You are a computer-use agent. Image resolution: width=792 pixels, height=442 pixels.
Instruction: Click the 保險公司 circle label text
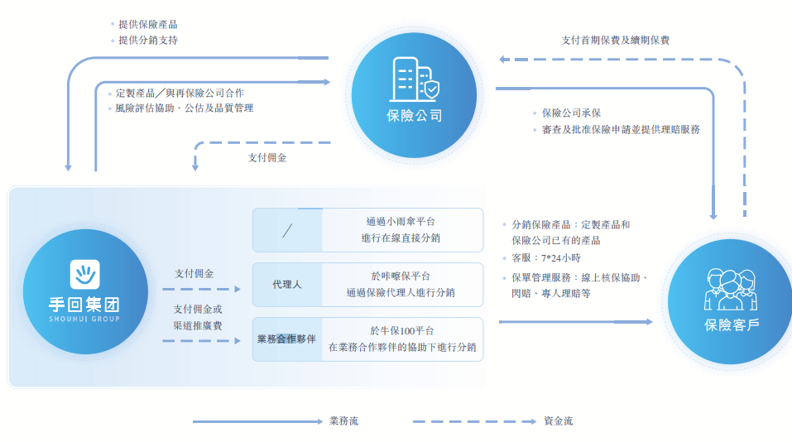coord(414,115)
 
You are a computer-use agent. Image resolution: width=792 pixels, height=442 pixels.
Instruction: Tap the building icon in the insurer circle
coord(414,79)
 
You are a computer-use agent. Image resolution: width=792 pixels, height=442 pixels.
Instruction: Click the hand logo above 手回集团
coord(84,274)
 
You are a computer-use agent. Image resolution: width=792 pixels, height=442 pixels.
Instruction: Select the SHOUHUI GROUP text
coord(84,319)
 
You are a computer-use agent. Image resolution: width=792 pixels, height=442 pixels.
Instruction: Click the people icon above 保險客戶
coord(730,289)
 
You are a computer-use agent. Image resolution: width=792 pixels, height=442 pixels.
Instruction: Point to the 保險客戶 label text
coord(731,324)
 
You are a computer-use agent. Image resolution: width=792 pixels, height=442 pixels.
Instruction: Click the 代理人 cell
coord(287,284)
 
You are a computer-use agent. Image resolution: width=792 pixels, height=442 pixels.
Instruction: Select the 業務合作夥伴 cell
coord(287,339)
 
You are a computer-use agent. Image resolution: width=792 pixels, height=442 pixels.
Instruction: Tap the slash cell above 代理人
coord(287,229)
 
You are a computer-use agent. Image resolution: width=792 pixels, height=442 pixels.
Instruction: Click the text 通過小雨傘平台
coord(401,221)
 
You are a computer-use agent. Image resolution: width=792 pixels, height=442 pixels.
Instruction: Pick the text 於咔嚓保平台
coord(401,276)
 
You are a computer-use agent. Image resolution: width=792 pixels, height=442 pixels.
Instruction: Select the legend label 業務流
coord(343,420)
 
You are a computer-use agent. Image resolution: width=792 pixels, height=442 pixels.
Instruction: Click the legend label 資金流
coord(558,420)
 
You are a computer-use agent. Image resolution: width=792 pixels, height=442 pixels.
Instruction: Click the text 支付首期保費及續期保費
coord(616,39)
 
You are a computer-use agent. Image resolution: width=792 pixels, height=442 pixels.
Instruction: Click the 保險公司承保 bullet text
coord(571,113)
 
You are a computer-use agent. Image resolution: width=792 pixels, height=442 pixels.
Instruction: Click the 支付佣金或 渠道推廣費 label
coord(197,317)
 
